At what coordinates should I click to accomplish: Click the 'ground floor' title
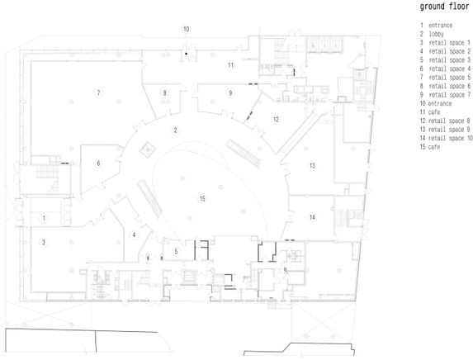click(x=444, y=7)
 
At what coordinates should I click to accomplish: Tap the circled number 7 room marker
click(x=98, y=92)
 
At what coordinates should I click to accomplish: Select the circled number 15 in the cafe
click(x=202, y=198)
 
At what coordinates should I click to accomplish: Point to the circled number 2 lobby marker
click(x=175, y=130)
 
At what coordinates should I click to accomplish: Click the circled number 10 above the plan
click(x=186, y=29)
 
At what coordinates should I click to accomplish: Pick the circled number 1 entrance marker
click(x=44, y=218)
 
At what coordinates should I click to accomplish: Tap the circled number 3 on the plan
click(x=44, y=242)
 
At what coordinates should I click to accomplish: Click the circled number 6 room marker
click(x=98, y=163)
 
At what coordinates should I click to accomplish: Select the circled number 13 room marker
click(x=312, y=165)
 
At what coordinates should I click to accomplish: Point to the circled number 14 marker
click(x=312, y=217)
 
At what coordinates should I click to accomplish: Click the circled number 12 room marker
click(x=276, y=120)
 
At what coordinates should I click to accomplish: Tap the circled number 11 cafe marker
click(x=231, y=65)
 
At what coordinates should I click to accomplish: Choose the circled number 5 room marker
click(x=176, y=251)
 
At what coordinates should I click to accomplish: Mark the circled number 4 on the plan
click(x=134, y=234)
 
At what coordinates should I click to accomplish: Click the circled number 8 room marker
click(x=164, y=92)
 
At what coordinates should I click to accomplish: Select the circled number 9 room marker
click(x=230, y=92)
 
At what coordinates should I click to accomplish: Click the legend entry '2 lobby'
click(x=432, y=34)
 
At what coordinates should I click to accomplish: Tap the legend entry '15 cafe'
click(x=430, y=147)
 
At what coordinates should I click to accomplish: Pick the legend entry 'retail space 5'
click(x=445, y=78)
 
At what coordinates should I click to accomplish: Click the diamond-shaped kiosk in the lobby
click(x=148, y=149)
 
